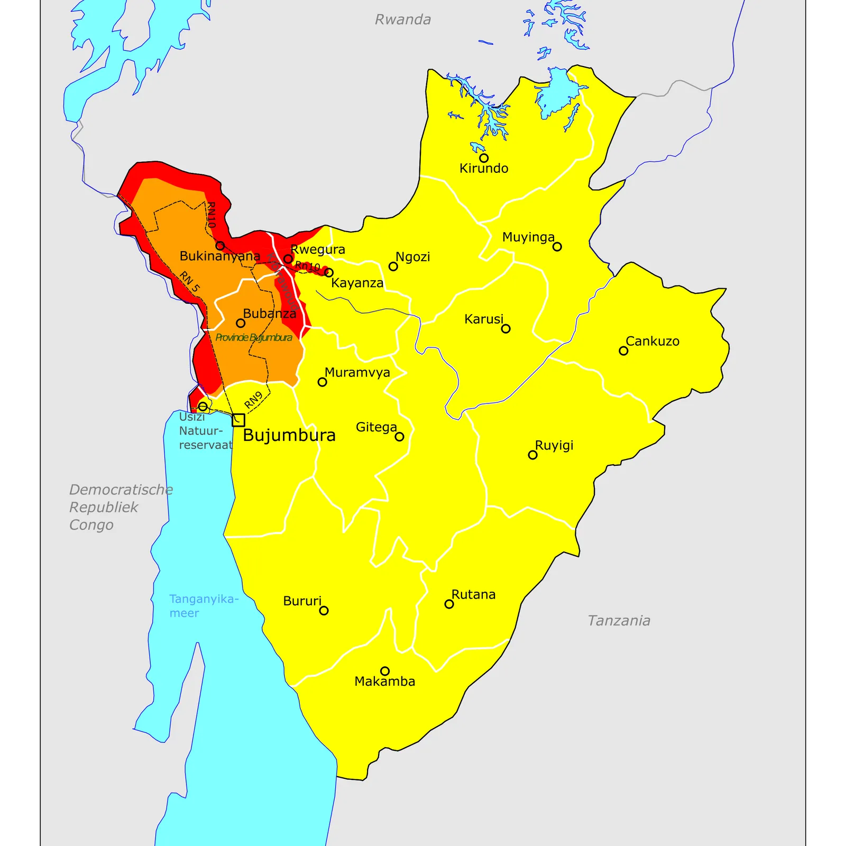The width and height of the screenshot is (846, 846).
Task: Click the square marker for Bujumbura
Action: [238, 420]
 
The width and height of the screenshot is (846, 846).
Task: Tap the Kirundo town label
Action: [483, 169]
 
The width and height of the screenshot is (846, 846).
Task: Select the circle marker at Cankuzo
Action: [623, 351]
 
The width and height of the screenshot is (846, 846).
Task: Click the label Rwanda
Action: [402, 20]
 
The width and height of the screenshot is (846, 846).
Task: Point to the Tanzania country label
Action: [619, 621]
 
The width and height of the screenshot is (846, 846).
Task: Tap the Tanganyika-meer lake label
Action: [203, 606]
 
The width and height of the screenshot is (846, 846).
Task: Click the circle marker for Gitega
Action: [400, 437]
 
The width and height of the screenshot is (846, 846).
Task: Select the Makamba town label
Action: [384, 682]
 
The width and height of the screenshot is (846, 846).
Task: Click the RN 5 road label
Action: [189, 281]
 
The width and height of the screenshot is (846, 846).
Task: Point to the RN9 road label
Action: [253, 400]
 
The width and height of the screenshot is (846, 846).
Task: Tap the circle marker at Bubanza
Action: [241, 323]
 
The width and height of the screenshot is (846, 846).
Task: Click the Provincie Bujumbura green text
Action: [253, 338]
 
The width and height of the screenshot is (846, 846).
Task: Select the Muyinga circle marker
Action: [557, 247]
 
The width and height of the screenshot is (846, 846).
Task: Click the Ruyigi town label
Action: [554, 446]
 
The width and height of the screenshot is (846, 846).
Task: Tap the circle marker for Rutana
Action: [449, 604]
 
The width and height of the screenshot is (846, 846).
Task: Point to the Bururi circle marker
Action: [324, 611]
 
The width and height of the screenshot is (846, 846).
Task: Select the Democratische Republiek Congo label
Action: [121, 507]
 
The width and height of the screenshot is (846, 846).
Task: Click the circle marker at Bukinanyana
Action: [220, 246]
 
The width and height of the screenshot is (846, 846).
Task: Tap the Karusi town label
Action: [483, 319]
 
